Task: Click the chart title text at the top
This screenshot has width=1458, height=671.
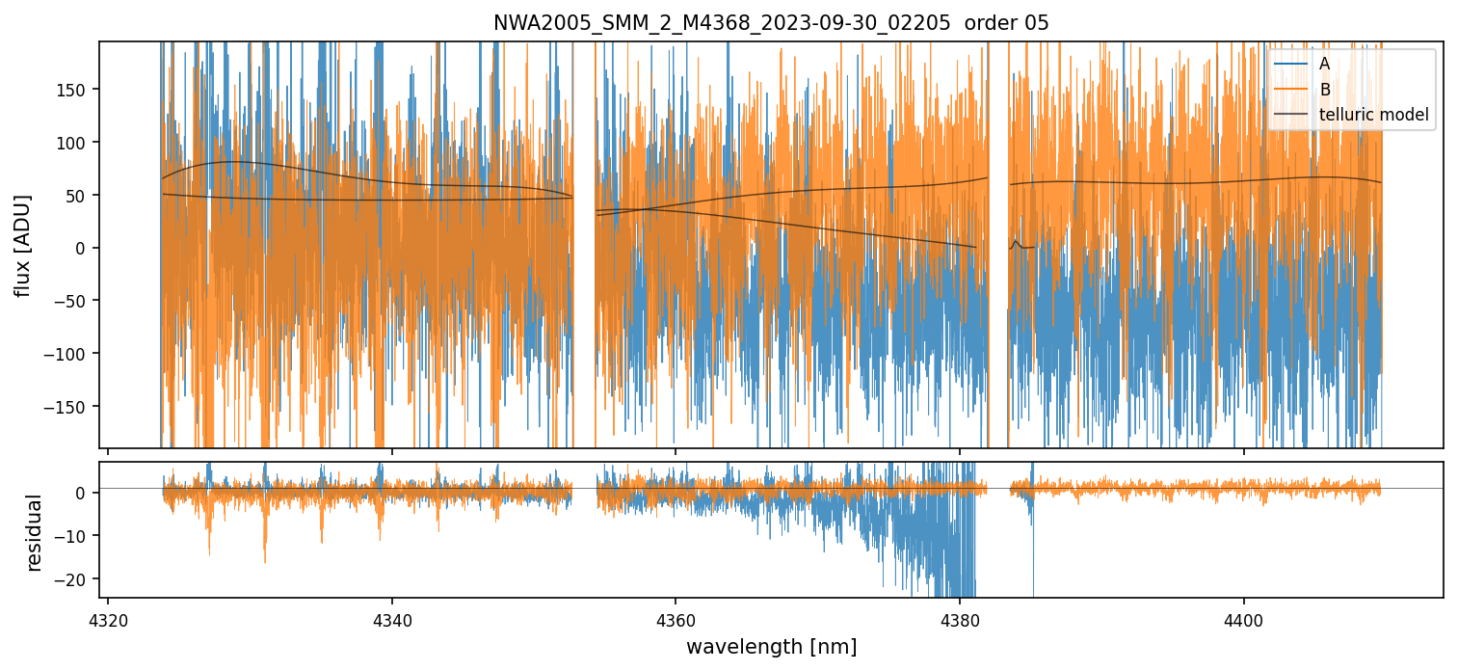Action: point(770,23)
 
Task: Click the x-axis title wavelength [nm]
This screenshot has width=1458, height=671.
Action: point(770,646)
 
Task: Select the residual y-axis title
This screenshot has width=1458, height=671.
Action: point(35,532)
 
